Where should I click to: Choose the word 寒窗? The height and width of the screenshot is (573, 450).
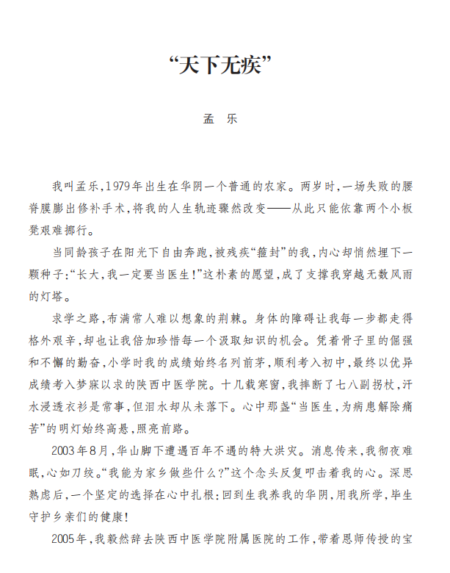(252, 384)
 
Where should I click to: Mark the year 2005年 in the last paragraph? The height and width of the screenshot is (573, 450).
(70, 539)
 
